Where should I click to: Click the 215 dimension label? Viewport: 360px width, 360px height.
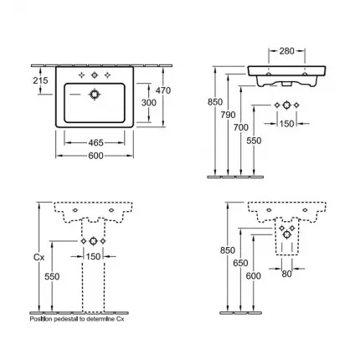tap(40, 80)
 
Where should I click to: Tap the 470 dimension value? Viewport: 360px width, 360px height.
tap(163, 90)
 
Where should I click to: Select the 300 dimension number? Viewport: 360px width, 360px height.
tap(149, 103)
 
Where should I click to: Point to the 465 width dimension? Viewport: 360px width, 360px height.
tap(95, 143)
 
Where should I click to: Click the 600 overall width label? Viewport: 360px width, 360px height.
tap(95, 156)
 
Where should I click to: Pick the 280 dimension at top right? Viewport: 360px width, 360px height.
tap(286, 51)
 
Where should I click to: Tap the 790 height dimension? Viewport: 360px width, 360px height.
tap(228, 115)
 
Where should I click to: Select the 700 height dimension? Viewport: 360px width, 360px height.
tap(241, 127)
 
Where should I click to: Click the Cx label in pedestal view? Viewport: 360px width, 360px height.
tap(39, 257)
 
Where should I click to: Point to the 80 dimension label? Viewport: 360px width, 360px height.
tap(286, 274)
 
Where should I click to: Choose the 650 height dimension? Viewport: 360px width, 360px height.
tap(240, 263)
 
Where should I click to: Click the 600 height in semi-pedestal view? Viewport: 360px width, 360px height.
tap(254, 276)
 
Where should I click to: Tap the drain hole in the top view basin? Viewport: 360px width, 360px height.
tap(95, 95)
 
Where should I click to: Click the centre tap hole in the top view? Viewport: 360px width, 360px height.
tap(95, 75)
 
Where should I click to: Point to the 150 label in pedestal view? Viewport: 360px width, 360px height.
tap(93, 256)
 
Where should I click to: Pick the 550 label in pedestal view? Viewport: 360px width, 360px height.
tap(52, 276)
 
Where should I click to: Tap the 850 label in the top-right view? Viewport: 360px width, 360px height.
tap(215, 102)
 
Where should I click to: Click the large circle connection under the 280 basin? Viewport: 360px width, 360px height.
tap(286, 105)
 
